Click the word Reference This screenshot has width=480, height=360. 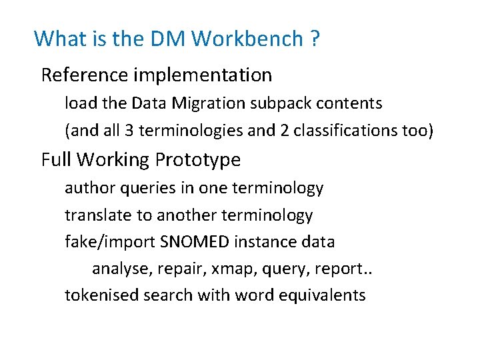click(84, 75)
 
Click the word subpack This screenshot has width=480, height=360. click(281, 103)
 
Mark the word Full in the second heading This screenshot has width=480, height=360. click(56, 160)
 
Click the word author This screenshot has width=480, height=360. click(89, 188)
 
